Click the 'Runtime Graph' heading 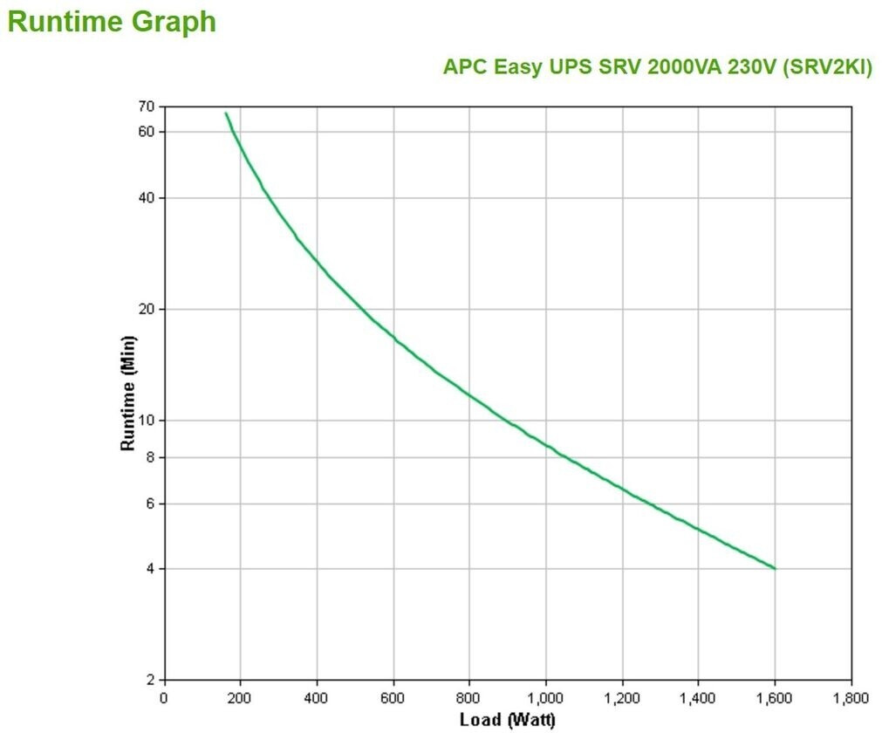click(x=112, y=22)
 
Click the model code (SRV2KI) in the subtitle click(x=827, y=67)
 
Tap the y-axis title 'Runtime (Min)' click(x=128, y=393)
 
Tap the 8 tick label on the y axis click(x=149, y=457)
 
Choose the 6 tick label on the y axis click(x=149, y=504)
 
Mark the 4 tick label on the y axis click(x=149, y=569)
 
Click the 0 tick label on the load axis click(x=164, y=698)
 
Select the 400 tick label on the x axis click(x=317, y=698)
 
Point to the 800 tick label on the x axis click(x=469, y=698)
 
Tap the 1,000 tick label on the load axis click(x=545, y=698)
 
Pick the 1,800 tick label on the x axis click(x=851, y=698)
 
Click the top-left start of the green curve click(x=226, y=113)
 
